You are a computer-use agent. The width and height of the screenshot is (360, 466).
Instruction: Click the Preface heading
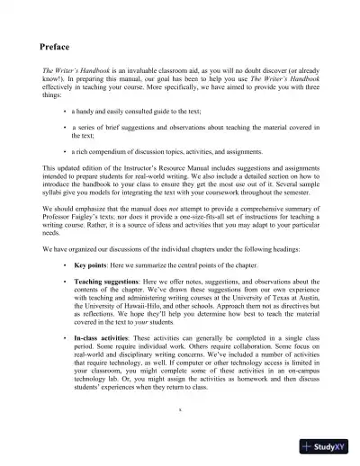(58, 47)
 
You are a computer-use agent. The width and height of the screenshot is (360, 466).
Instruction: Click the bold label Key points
(93, 268)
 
